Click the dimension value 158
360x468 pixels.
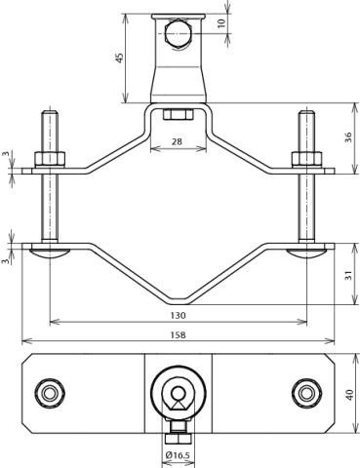tap(178, 334)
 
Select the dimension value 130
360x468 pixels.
tap(178, 315)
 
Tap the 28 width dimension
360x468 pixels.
tap(177, 141)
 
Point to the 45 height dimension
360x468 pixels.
tap(120, 58)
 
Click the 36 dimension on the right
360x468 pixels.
tap(348, 137)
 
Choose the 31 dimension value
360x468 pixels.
tap(348, 276)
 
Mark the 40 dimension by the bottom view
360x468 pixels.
tap(350, 395)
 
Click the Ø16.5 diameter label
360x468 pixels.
tap(178, 455)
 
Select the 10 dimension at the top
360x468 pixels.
tap(221, 23)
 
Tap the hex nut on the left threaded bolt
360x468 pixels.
tap(50, 159)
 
